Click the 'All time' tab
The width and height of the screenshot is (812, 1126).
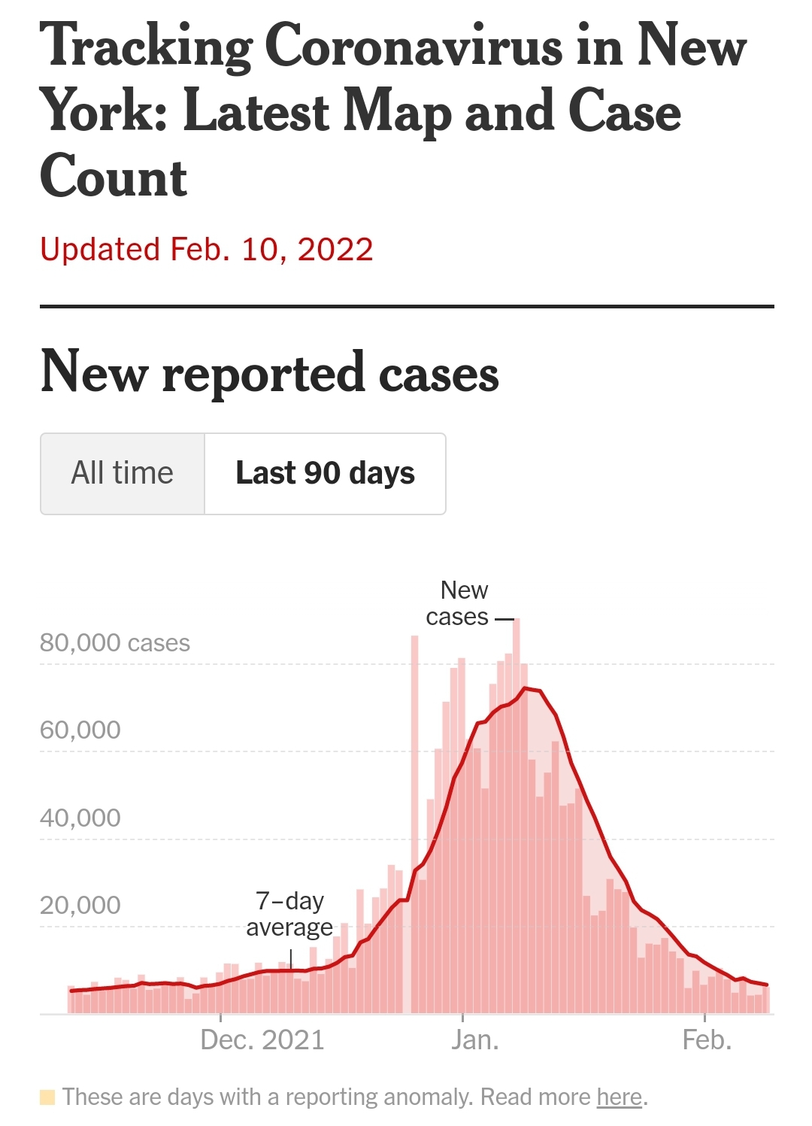click(122, 473)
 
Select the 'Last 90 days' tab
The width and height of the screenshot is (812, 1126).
click(325, 473)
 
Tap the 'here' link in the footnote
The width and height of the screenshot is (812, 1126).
click(620, 1097)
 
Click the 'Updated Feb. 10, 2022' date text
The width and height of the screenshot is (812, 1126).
click(207, 250)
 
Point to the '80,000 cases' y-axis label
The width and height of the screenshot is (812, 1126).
click(115, 643)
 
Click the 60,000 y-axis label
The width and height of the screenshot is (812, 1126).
click(80, 730)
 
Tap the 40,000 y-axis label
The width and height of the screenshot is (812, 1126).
click(80, 818)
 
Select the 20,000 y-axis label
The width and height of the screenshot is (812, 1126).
click(80, 905)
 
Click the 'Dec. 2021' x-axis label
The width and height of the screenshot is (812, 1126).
click(262, 1040)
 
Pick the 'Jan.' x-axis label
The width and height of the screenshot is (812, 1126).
click(474, 1040)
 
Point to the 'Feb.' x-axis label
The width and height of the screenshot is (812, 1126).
click(707, 1040)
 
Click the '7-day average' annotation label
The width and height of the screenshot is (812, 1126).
click(289, 914)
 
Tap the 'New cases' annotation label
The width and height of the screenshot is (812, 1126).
click(458, 603)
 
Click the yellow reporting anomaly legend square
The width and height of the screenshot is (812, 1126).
click(47, 1097)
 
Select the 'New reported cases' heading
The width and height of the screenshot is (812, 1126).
click(269, 372)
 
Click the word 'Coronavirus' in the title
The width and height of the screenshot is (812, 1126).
click(414, 47)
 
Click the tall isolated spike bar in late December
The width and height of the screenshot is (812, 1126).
click(414, 752)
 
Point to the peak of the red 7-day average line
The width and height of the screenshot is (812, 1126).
click(528, 688)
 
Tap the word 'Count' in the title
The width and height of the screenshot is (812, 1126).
click(114, 178)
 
